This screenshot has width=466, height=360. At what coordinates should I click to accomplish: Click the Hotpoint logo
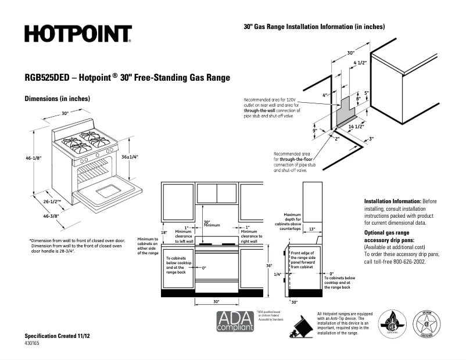coord(78,34)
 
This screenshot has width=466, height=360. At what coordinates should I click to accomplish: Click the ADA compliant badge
coord(235,321)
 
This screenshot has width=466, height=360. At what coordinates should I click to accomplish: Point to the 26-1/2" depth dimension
coord(52,202)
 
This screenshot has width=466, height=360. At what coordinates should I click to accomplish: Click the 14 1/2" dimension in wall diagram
coord(356,126)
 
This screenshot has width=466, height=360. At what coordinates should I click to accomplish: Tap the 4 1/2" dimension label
coord(360,62)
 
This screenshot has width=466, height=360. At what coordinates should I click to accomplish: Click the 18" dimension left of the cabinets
coord(164,233)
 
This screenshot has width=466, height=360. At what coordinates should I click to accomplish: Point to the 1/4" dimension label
coord(277,274)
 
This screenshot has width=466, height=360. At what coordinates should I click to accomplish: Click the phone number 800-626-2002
coord(406,262)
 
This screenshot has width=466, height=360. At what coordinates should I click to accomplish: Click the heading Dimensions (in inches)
coord(57,99)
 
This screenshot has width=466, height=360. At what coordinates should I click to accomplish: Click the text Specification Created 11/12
coord(57,336)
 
